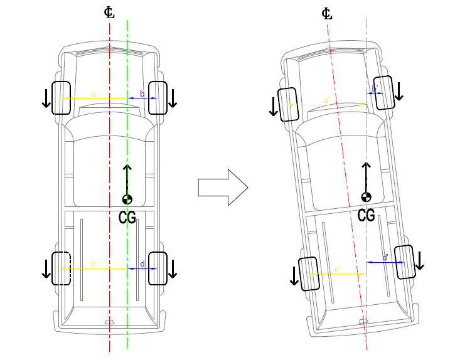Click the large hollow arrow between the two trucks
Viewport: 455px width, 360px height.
(223, 187)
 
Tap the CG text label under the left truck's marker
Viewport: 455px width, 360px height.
(127, 218)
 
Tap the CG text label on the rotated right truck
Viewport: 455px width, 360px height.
(367, 215)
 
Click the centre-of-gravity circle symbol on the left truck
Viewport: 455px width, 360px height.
(127, 199)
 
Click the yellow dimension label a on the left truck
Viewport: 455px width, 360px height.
(94, 94)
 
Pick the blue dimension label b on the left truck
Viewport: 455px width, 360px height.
(142, 94)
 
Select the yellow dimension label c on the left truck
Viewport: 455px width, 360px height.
(94, 265)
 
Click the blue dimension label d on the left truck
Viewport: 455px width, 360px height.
(142, 265)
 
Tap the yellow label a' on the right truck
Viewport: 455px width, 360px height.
(326, 100)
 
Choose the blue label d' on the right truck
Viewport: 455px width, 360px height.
(384, 258)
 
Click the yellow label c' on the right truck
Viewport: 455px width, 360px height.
(337, 269)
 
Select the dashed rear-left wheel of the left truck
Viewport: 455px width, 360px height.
(61, 268)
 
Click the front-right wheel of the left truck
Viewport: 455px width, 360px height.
(158, 97)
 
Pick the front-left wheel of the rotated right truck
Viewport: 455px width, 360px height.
(287, 104)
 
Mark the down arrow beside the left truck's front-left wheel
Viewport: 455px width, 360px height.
(46, 97)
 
